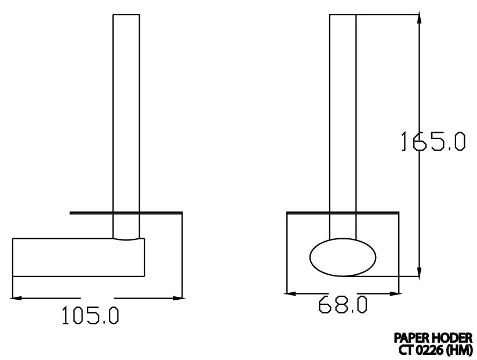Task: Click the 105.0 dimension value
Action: (x=90, y=316)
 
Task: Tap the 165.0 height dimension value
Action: (x=432, y=141)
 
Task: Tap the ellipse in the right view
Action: (x=343, y=256)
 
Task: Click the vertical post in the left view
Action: (x=126, y=116)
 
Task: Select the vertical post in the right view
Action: (x=343, y=116)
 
